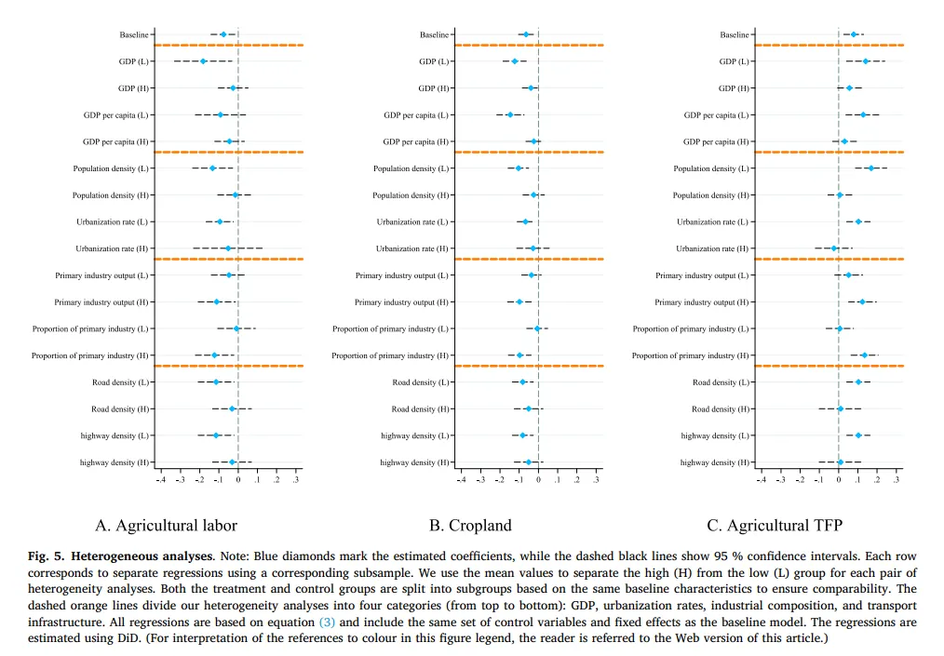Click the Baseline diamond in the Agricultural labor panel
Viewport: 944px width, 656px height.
tap(223, 34)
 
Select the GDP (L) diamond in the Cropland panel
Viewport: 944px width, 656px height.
tap(514, 61)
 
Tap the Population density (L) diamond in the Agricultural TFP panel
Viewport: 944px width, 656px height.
tap(871, 168)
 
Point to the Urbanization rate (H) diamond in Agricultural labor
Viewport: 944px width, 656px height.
tap(228, 248)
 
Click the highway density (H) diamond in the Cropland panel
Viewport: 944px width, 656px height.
tap(528, 462)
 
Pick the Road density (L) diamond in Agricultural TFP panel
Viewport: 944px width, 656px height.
tap(858, 382)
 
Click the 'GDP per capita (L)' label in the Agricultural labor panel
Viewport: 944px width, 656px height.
tap(115, 115)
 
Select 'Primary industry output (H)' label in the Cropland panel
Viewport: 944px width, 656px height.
tap(401, 302)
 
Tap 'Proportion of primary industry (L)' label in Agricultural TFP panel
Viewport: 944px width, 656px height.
tap(692, 328)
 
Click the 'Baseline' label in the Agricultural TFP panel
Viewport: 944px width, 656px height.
tap(734, 35)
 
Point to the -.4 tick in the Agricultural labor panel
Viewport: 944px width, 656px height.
tap(161, 480)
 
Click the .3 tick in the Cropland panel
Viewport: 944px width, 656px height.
tap(596, 480)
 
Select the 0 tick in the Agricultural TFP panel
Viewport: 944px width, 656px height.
tap(839, 480)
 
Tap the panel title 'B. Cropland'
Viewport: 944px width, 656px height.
tap(470, 526)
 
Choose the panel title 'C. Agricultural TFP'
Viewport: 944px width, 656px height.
tap(774, 526)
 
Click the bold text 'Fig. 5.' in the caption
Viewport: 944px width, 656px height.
tap(46, 556)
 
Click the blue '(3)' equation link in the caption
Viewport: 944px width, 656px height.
tap(327, 622)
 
